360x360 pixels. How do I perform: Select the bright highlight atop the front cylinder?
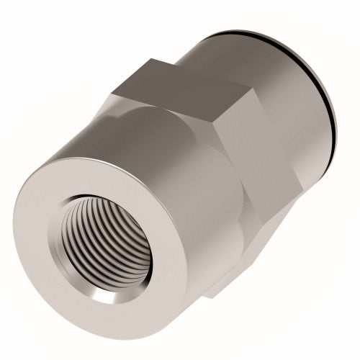pyautogui.click(x=108, y=137)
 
